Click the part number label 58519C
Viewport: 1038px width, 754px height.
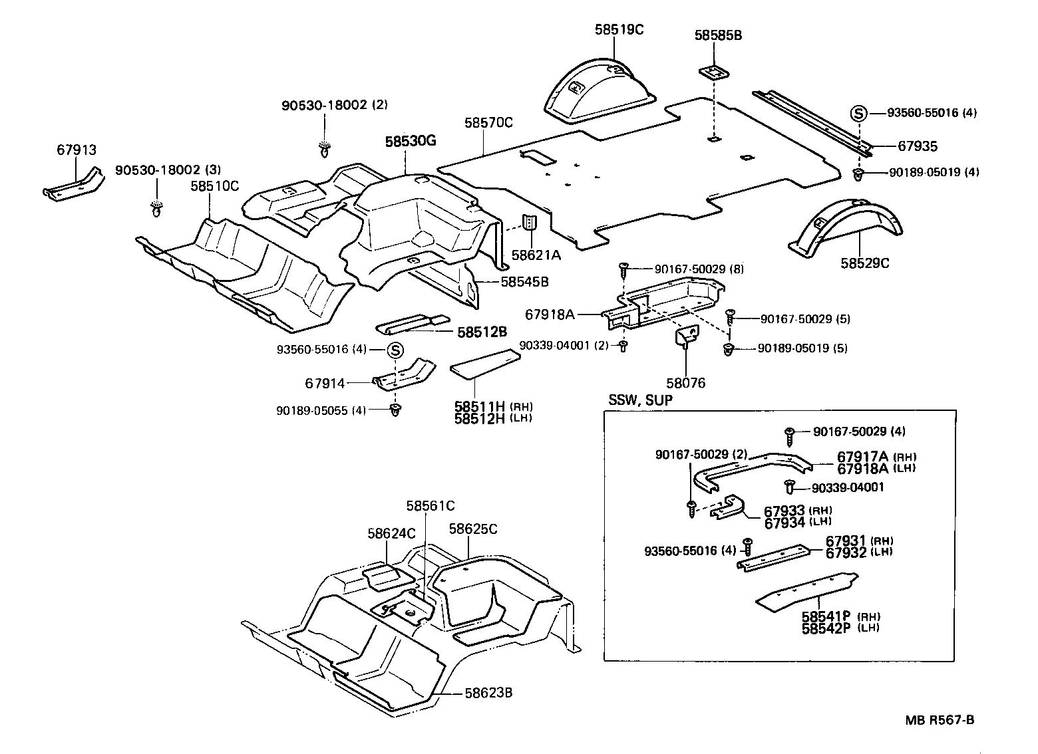619,30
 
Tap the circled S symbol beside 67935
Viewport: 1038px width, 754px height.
858,114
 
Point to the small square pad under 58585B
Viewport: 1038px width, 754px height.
713,71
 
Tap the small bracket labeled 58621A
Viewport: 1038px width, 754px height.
530,223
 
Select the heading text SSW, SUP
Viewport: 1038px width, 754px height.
640,400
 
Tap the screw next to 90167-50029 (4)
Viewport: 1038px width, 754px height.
790,433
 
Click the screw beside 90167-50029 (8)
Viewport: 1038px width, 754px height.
624,268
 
